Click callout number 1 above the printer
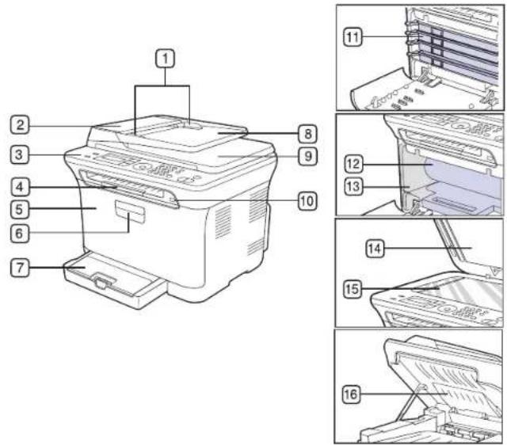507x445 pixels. pos(166,59)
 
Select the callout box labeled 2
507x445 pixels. pos(20,125)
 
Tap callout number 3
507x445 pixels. pos(20,154)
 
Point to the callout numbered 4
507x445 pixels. pos(20,187)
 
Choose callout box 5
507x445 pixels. pos(20,209)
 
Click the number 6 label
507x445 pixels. pos(20,233)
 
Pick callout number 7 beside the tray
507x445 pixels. pos(20,268)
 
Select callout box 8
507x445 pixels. pos(307,133)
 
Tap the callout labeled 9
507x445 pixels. pos(307,156)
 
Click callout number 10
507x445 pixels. pos(307,200)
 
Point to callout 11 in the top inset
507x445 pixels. pos(353,37)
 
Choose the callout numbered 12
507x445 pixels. pos(353,164)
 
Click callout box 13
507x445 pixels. pos(353,186)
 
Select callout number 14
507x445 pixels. pos(375,249)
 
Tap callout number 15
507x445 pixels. pos(352,288)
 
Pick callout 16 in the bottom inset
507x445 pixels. pos(352,394)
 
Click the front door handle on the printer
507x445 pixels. pos(130,212)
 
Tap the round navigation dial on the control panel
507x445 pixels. pos(141,167)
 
